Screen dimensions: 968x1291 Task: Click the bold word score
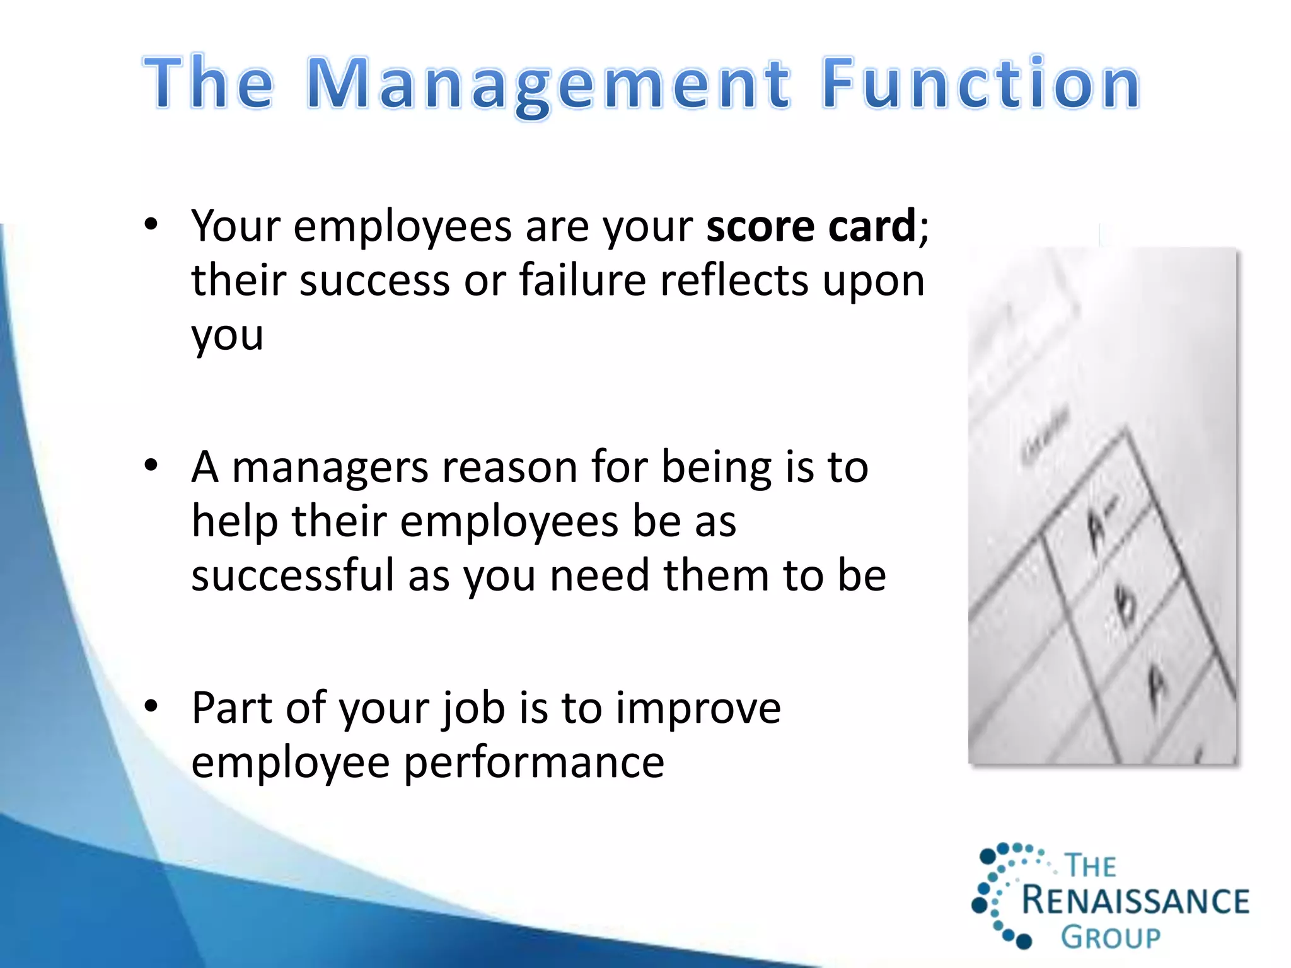[x=760, y=227]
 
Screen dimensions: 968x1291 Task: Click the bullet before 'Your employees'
[x=150, y=225]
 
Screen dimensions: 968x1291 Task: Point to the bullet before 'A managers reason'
[x=150, y=466]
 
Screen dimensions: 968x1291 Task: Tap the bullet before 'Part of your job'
[x=150, y=707]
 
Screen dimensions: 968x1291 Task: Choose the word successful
[x=292, y=575]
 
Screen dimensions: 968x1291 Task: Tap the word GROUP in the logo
[x=1111, y=937]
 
